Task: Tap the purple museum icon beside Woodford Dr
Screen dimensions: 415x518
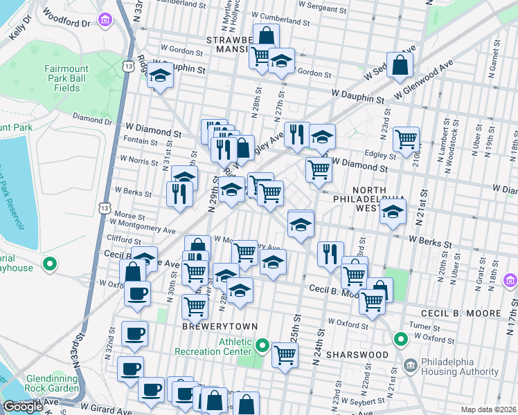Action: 105,19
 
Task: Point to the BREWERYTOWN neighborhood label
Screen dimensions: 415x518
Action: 220,326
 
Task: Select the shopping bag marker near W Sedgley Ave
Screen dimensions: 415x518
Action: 401,66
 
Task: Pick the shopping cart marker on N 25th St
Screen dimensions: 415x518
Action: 285,356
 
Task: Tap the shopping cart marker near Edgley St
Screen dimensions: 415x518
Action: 406,138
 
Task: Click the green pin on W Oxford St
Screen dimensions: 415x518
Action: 400,340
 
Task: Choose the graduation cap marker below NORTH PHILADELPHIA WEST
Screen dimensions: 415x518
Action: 393,213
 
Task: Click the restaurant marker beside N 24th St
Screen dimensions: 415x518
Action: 330,253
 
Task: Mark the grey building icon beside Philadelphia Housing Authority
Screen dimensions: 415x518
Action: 410,364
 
